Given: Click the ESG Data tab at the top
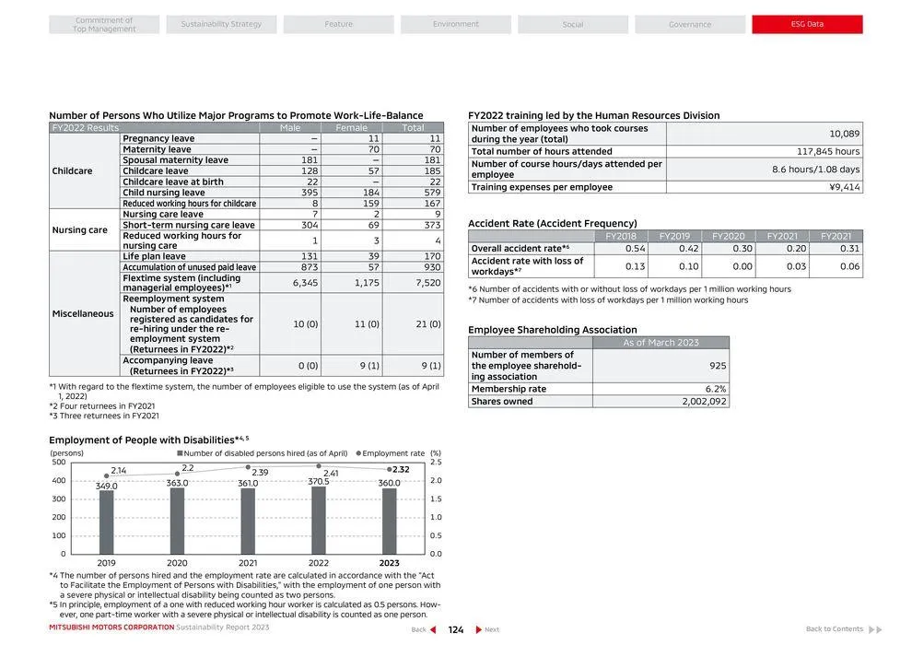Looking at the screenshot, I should coord(807,24).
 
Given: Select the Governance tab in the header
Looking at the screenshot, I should coord(689,24).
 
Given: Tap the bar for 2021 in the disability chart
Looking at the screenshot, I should coord(248,521).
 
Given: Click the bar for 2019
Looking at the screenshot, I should coord(107,522).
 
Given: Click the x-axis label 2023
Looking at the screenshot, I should coord(389,563).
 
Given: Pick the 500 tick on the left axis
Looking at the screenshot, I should coord(58,462).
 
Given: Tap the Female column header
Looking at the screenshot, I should coord(351,128).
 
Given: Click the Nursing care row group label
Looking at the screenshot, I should coord(79,230).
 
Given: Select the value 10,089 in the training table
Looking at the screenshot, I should coord(844,134).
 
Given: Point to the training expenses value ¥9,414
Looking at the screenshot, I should coord(844,187).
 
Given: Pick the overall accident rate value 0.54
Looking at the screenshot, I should coord(635,249).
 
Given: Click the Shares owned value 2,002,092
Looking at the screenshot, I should coord(704,402).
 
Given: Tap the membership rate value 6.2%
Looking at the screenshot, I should coord(715,389).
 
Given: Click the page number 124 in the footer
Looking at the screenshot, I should coord(455,630).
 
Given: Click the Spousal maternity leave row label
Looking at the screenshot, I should coord(175,160).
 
